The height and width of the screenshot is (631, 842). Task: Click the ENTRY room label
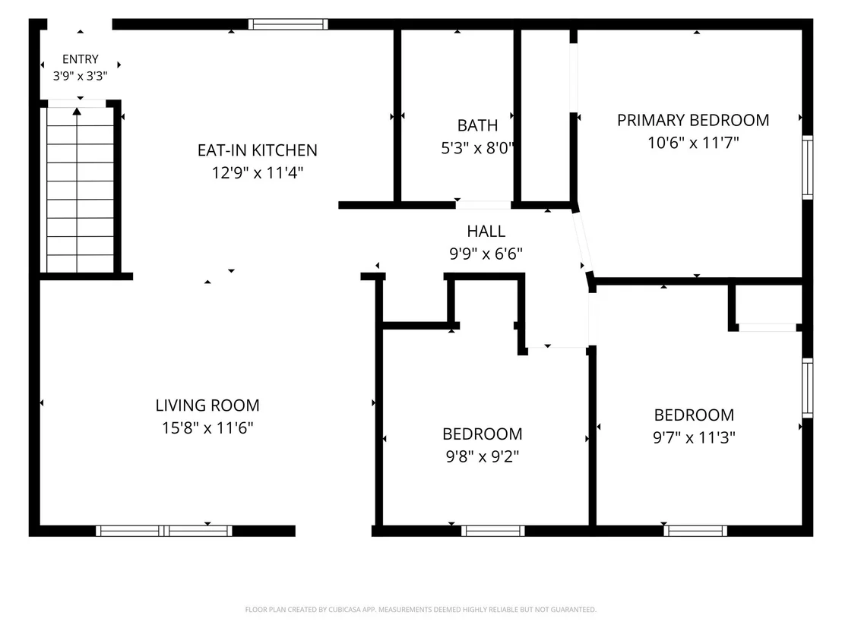point(81,59)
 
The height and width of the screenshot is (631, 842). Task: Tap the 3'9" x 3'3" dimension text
point(80,76)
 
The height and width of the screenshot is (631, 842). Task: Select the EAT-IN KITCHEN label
point(257,150)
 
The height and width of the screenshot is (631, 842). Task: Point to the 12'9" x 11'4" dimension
point(257,173)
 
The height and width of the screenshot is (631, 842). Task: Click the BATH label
point(477,125)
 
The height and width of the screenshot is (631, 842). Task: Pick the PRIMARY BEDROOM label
point(693,120)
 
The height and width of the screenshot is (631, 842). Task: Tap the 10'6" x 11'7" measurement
point(693,143)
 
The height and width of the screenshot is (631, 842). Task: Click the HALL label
point(486,232)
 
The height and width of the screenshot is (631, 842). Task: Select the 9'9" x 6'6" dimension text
point(486,254)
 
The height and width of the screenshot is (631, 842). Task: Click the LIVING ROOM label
point(207,405)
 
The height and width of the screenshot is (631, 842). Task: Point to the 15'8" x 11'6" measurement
point(207,428)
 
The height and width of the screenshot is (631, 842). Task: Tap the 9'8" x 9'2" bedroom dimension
point(483,456)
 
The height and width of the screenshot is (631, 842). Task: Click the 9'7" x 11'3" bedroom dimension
point(694,437)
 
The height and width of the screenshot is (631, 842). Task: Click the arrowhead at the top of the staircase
point(77,111)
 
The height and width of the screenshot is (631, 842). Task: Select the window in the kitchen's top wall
point(288,24)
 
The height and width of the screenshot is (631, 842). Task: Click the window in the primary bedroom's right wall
point(807,167)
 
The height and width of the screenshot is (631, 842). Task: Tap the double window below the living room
point(164,531)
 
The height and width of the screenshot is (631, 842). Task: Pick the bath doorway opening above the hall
point(483,205)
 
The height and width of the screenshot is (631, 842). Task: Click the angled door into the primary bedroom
point(583,242)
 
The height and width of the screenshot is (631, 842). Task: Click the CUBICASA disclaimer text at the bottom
point(420,610)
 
